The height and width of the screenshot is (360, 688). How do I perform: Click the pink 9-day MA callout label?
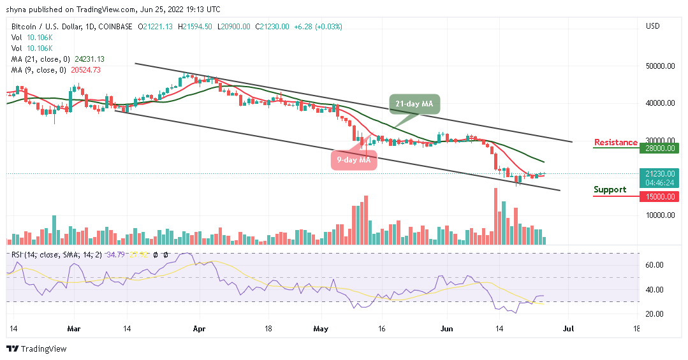click(x=353, y=160)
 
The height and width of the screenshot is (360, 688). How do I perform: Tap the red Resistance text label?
click(x=615, y=142)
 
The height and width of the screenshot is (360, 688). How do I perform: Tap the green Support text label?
click(x=610, y=189)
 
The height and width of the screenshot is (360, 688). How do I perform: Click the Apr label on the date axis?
click(x=199, y=329)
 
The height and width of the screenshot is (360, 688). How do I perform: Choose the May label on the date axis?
click(x=321, y=329)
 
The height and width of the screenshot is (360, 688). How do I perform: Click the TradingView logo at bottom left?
click(x=36, y=349)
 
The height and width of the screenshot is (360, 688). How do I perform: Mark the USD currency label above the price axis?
click(x=652, y=26)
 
